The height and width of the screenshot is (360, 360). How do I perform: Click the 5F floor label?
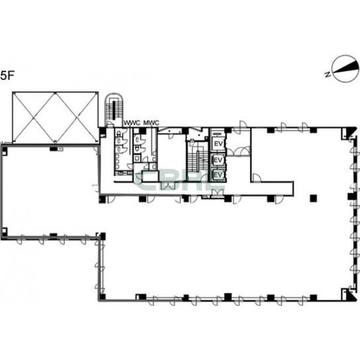[7, 75]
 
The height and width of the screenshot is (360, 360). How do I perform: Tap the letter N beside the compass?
[328, 74]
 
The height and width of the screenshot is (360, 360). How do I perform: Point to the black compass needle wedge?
[346, 67]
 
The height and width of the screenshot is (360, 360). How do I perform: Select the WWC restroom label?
[132, 123]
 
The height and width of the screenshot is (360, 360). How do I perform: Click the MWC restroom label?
[151, 123]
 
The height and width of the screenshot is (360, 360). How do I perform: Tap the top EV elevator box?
[218, 144]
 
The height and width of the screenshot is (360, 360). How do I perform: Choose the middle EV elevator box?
[218, 159]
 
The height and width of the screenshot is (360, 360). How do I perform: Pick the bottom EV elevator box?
[218, 175]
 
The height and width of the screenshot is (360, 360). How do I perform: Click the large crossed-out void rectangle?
[55, 117]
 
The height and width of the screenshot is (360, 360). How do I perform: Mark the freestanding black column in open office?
[313, 198]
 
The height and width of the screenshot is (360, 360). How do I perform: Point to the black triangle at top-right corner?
[352, 132]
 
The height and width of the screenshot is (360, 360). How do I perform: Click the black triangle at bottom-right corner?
[351, 294]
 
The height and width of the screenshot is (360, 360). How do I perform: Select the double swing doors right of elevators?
[238, 151]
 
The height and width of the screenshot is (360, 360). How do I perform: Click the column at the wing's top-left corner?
[5, 150]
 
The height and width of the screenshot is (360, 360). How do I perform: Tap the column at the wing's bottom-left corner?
[5, 232]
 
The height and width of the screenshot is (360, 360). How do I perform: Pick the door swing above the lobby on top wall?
[240, 127]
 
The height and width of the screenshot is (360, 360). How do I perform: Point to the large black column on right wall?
[351, 197]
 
